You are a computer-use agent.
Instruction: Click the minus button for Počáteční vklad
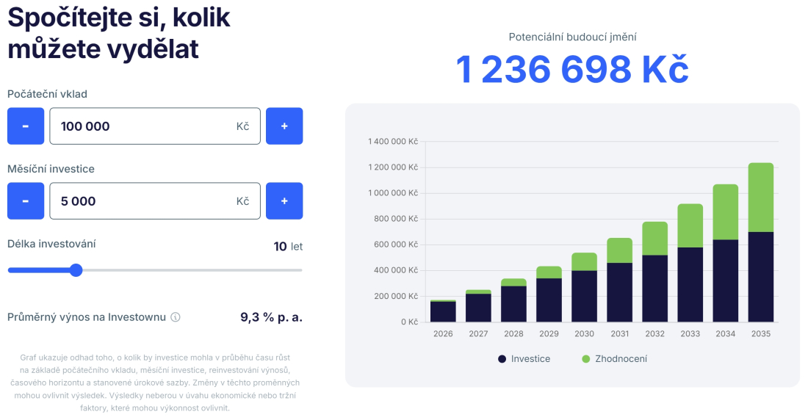pyautogui.click(x=26, y=126)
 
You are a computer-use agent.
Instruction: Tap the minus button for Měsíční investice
pyautogui.click(x=26, y=201)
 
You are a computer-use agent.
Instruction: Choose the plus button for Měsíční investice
pyautogui.click(x=284, y=201)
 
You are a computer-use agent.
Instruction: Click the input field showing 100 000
pyautogui.click(x=154, y=126)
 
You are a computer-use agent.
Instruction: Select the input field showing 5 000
pyautogui.click(x=154, y=201)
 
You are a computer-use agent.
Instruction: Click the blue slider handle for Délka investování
pyautogui.click(x=76, y=270)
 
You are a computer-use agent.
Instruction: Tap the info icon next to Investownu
pyautogui.click(x=176, y=318)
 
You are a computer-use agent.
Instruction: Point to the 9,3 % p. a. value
pyautogui.click(x=271, y=317)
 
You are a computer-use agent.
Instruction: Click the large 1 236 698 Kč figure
pyautogui.click(x=572, y=70)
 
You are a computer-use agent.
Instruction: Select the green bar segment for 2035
pyautogui.click(x=761, y=197)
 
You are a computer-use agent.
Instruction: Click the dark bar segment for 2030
pyautogui.click(x=584, y=296)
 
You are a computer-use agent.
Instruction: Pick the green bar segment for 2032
pyautogui.click(x=654, y=238)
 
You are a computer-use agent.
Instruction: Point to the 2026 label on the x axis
pyautogui.click(x=443, y=334)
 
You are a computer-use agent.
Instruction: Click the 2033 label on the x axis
pyautogui.click(x=690, y=334)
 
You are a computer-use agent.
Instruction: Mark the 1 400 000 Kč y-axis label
pyautogui.click(x=393, y=142)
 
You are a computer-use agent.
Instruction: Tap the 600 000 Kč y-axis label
pyautogui.click(x=396, y=245)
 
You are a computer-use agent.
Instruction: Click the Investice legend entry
pyautogui.click(x=524, y=359)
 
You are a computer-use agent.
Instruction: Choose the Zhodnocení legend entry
pyautogui.click(x=615, y=359)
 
